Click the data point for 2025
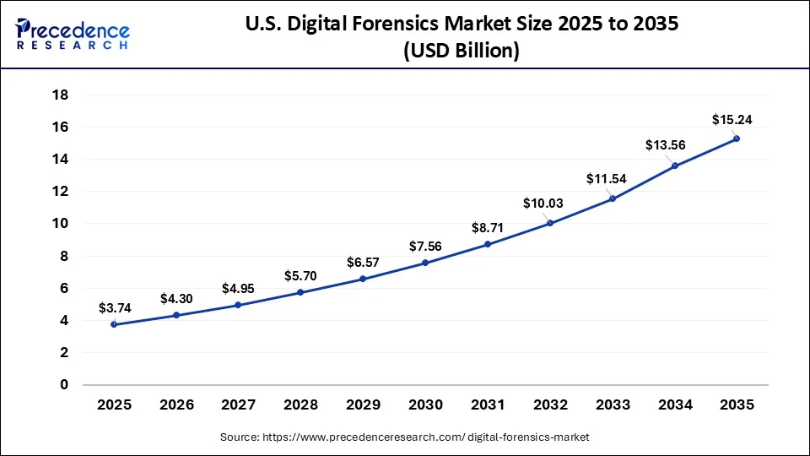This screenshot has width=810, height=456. click(x=114, y=324)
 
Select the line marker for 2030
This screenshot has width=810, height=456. click(x=425, y=263)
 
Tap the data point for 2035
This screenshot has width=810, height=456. click(x=737, y=138)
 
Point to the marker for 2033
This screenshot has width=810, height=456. click(x=613, y=198)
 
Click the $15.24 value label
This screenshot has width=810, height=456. click(x=732, y=120)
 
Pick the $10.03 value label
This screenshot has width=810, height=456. click(x=543, y=204)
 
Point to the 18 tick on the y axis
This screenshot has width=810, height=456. click(x=60, y=95)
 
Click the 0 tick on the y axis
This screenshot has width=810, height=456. click(x=63, y=385)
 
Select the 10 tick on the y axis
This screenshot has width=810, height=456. click(x=60, y=224)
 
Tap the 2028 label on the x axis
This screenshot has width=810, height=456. click(x=301, y=405)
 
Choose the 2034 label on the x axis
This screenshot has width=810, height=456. click(x=674, y=405)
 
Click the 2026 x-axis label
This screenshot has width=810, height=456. click(x=176, y=405)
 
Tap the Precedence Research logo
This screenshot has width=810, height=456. click(x=72, y=35)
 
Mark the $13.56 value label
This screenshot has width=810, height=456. click(x=666, y=145)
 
